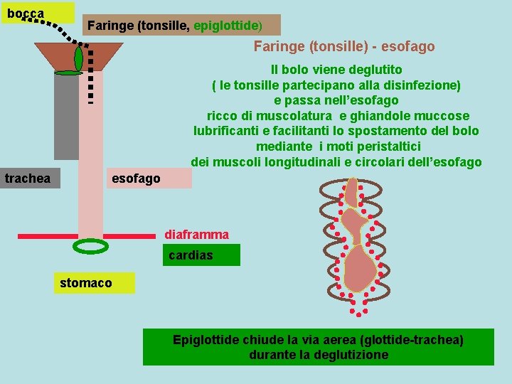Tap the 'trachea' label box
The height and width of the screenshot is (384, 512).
tap(30, 178)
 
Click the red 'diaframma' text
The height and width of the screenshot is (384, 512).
tap(196, 234)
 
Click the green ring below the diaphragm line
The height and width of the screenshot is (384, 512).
tap(91, 246)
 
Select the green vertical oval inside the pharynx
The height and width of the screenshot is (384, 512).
tap(78, 57)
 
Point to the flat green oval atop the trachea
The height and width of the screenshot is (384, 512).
tap(69, 73)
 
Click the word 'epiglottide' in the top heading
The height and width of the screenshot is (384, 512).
tap(227, 26)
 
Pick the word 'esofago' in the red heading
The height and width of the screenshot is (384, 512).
tap(407, 47)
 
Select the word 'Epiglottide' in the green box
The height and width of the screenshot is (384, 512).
tap(206, 340)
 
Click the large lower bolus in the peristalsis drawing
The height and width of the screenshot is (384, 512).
tap(361, 269)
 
